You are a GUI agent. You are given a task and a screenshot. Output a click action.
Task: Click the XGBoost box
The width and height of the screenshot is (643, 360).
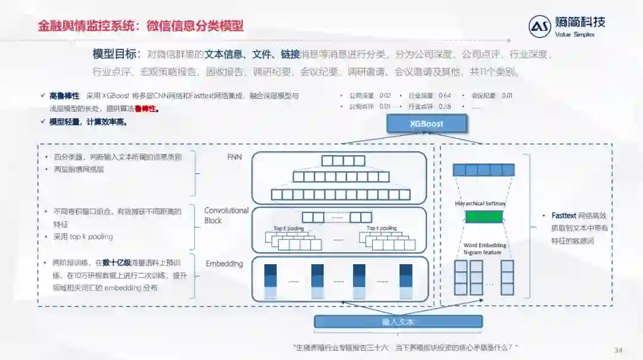pos(427,124)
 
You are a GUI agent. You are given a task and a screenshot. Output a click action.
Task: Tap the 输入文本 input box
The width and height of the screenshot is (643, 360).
pos(398,322)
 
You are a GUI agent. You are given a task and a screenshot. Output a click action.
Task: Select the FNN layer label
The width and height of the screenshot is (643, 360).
pos(235,158)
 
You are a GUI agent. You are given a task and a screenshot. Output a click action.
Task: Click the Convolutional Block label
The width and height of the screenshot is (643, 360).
pos(226,215)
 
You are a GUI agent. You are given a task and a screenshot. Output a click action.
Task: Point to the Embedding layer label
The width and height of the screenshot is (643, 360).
pos(224,264)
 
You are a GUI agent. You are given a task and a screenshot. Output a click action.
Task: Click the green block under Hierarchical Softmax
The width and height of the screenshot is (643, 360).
pos(483,217)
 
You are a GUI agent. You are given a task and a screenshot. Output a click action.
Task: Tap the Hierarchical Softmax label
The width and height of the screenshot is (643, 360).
pos(480,204)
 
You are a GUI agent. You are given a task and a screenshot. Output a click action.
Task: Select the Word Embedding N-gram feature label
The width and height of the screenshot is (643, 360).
pos(485,249)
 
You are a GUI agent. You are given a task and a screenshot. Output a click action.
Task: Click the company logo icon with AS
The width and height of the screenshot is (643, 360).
pos(539,27)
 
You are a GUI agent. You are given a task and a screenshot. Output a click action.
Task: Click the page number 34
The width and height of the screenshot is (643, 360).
pos(618,350)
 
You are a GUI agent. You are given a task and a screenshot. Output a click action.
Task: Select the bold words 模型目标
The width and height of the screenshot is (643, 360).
pos(115,54)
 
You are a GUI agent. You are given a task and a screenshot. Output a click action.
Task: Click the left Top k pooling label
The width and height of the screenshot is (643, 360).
pos(288,228)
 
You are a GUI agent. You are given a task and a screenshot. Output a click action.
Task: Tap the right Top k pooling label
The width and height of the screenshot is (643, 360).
pos(381,228)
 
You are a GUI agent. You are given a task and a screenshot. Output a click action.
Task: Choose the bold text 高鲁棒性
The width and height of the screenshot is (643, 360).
pos(64,96)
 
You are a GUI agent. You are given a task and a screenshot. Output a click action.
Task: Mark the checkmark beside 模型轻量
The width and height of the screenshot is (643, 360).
pos(42,122)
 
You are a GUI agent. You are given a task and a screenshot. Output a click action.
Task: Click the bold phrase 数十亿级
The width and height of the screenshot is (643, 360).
pos(117,262)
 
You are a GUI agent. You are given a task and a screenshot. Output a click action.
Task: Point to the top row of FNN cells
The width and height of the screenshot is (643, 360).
pos(342,161)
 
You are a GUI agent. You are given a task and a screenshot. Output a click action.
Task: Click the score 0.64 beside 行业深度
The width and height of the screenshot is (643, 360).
pos(445,96)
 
